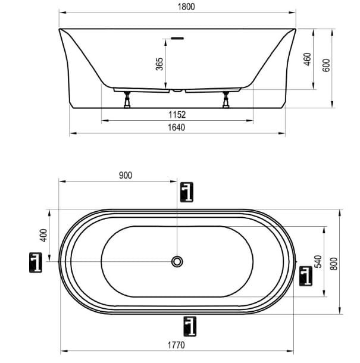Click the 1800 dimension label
(x=186, y=7)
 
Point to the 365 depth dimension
(x=159, y=64)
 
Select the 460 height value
(x=308, y=59)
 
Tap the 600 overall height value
(x=326, y=65)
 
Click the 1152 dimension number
(x=177, y=115)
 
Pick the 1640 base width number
(x=176, y=127)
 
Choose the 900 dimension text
(x=126, y=176)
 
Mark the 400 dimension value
(x=43, y=235)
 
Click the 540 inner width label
(x=318, y=261)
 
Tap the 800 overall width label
(x=334, y=264)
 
